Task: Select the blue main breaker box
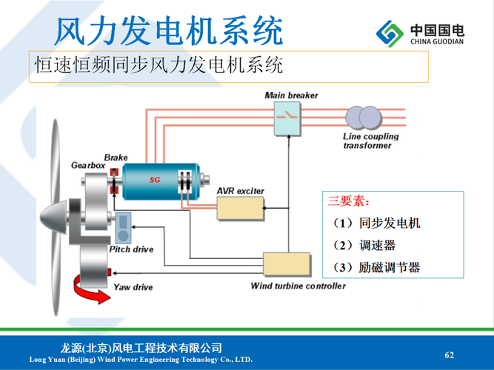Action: (287, 119)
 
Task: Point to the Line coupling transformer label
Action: (371, 141)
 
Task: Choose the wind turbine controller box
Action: (286, 265)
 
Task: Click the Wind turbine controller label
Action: (298, 286)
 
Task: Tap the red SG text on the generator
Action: (155, 180)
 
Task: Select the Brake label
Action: (116, 158)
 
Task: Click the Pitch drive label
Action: (131, 250)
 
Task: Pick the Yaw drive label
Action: (133, 286)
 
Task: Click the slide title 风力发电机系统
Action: (170, 30)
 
